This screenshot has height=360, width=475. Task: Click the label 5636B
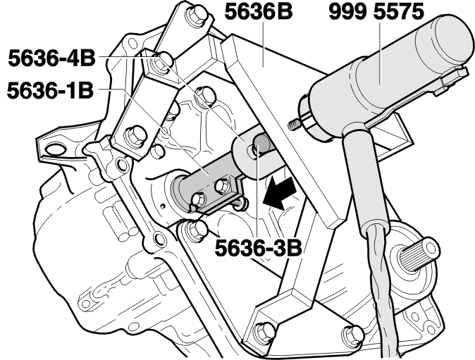coord(259,12)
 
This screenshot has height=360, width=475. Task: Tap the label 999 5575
coord(376,12)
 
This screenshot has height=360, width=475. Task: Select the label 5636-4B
coord(51,58)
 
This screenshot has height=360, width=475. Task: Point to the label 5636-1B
coord(50,90)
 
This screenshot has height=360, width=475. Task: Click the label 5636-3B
coord(259,248)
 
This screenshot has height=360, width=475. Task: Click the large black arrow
coord(279,193)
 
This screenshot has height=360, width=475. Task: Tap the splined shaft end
coord(419,253)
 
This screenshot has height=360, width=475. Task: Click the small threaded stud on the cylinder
coord(294,125)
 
